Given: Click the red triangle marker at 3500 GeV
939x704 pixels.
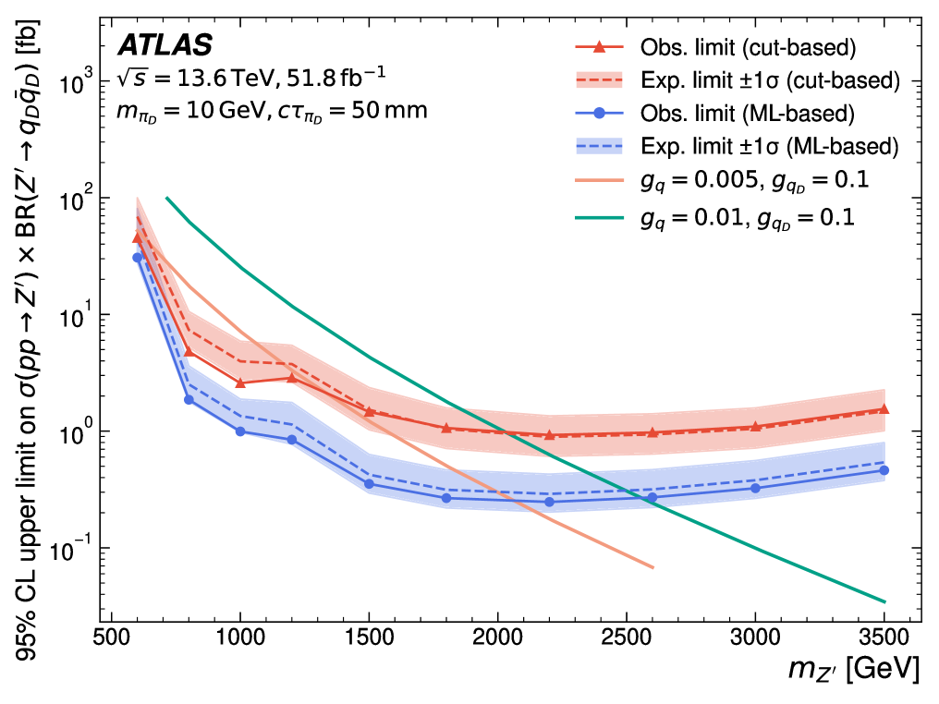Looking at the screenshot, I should point(884,408).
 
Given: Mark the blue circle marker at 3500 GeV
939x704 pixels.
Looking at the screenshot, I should point(884,470).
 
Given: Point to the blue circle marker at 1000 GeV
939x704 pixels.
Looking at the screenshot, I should point(240,431).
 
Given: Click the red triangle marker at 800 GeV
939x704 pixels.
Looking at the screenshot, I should point(189,351).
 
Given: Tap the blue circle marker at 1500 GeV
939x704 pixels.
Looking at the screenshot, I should point(369,484).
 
